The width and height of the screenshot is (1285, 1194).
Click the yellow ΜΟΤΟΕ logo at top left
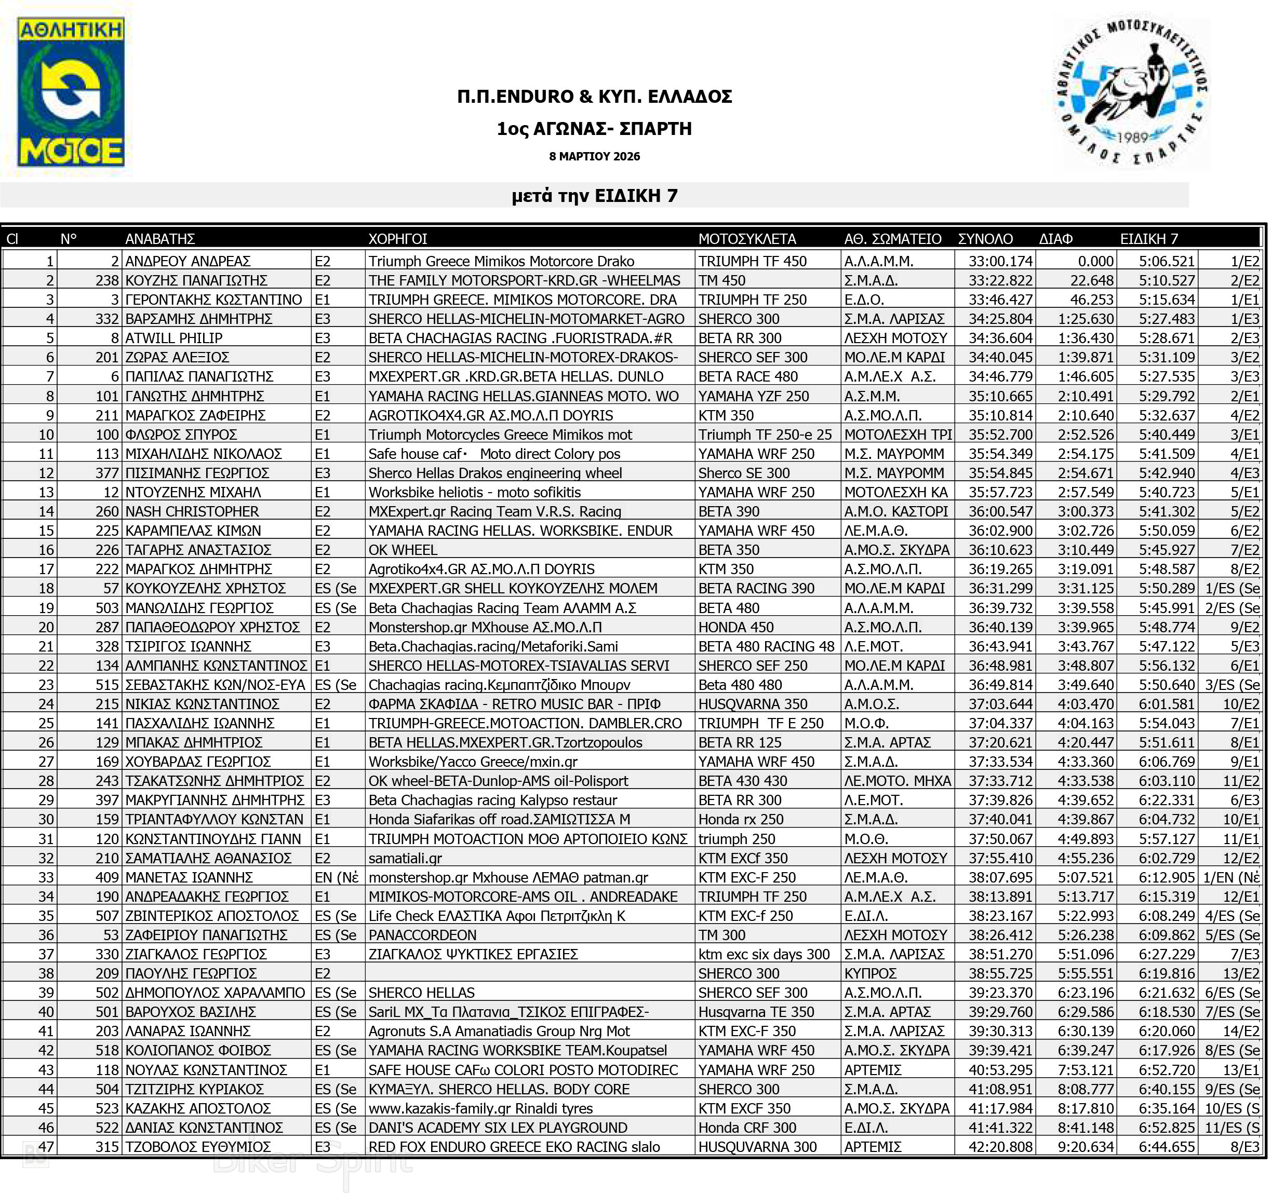click(x=71, y=92)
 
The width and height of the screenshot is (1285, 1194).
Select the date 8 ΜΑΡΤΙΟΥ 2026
click(x=594, y=156)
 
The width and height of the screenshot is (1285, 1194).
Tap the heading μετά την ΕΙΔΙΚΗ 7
click(x=594, y=195)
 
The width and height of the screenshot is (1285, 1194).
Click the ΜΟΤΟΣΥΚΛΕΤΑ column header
click(x=746, y=239)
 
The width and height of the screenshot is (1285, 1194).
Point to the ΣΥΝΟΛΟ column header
click(x=985, y=239)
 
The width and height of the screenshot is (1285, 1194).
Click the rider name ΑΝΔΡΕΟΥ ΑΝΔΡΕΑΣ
click(x=188, y=261)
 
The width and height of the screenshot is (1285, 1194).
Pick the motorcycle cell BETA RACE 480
click(x=748, y=377)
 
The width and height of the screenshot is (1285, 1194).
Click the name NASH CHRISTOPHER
click(x=192, y=512)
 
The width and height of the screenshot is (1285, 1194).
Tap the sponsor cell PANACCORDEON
click(x=422, y=935)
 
